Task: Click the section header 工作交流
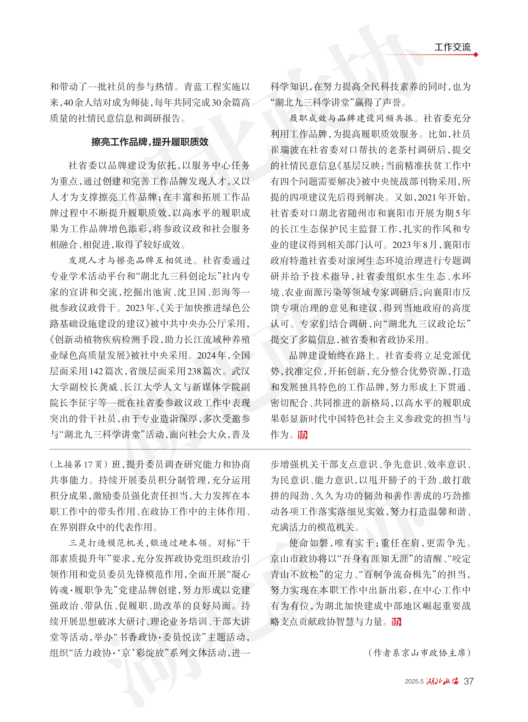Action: pyautogui.click(x=452, y=47)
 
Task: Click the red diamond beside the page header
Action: pyautogui.click(x=476, y=55)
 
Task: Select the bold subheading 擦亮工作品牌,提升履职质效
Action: pyautogui.click(x=150, y=142)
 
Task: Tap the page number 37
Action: pyautogui.click(x=468, y=681)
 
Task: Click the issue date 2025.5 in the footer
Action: pyautogui.click(x=414, y=682)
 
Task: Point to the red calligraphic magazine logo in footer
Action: pyautogui.click(x=442, y=681)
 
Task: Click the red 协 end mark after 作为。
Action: pyautogui.click(x=302, y=435)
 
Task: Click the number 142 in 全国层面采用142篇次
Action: pyautogui.click(x=96, y=371)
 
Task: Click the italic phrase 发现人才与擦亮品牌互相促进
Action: pyautogui.click(x=131, y=260)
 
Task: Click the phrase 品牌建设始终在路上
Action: pyautogui.click(x=332, y=355)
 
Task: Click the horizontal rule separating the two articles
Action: pyautogui.click(x=260, y=449)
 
